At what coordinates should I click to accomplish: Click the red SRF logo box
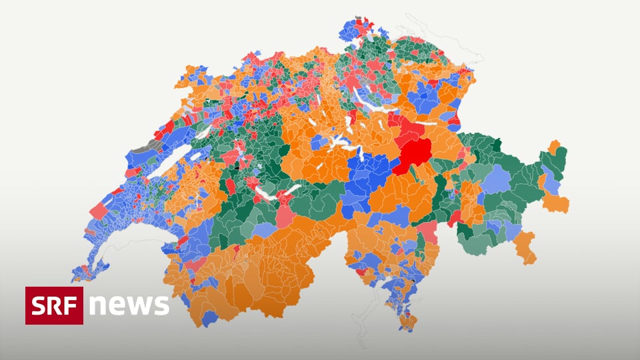coord(54,305)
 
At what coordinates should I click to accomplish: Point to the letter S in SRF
coord(39,305)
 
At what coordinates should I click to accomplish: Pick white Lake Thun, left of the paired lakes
coord(264,194)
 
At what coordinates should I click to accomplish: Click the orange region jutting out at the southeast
coord(525,247)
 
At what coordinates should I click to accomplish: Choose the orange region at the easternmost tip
coord(555,200)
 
